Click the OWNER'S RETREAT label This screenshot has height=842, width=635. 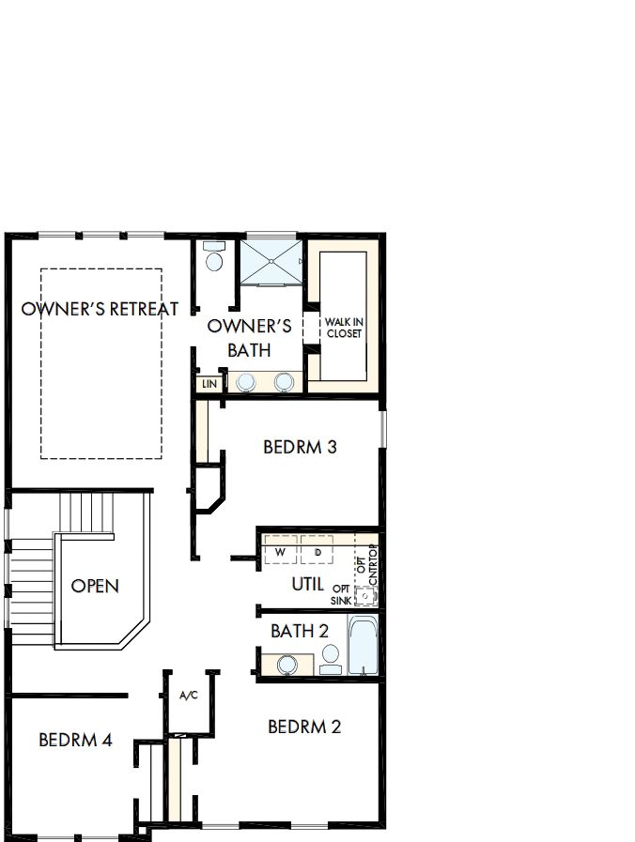click(100, 309)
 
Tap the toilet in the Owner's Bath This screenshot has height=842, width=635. click(215, 260)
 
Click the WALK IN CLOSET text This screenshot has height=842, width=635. click(344, 328)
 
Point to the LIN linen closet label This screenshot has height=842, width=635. click(209, 384)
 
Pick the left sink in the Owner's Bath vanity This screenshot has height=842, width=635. click(246, 382)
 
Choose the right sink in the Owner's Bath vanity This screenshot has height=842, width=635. click(284, 382)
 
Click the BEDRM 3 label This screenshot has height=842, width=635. click(300, 447)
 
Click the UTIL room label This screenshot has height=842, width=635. click(307, 584)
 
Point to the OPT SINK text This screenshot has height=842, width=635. click(341, 594)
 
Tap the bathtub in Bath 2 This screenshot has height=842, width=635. click(363, 645)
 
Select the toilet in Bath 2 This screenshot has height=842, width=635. click(330, 657)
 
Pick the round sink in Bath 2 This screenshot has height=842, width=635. click(287, 665)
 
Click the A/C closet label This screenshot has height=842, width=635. click(189, 696)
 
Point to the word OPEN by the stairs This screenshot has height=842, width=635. click(96, 586)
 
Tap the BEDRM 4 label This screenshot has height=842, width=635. click(75, 740)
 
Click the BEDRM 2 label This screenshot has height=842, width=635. click(304, 727)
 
